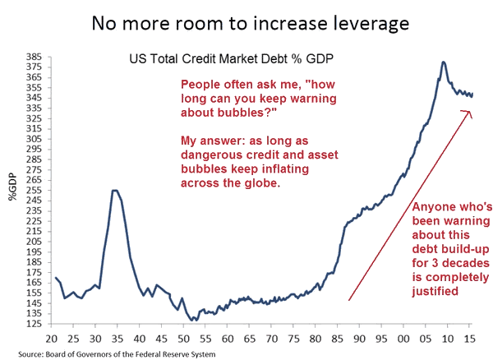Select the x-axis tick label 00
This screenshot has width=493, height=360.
point(403,337)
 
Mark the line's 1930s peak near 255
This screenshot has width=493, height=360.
point(115,191)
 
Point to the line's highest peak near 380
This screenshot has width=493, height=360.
point(444,62)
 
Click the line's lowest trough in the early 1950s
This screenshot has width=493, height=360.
point(191,320)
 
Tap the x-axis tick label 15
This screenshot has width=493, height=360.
point(468,337)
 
